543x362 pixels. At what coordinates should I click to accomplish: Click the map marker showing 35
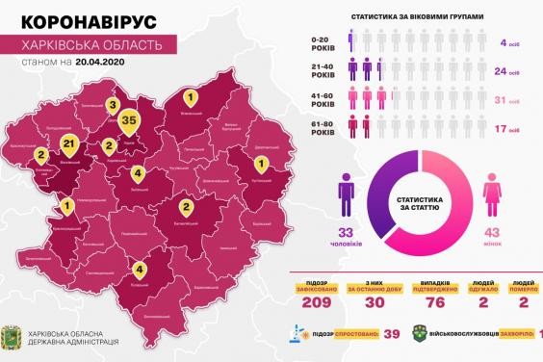[131, 120]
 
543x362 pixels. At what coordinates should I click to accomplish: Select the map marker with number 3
[113, 107]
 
